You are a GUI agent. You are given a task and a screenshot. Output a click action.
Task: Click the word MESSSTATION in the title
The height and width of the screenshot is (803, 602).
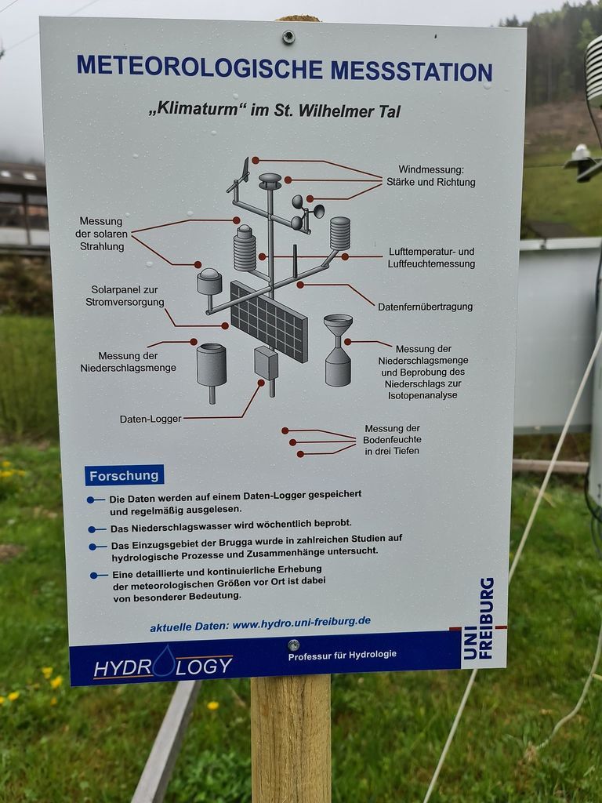pos(412,71)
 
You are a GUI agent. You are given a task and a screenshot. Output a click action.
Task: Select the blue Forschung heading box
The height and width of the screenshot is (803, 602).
pos(125,475)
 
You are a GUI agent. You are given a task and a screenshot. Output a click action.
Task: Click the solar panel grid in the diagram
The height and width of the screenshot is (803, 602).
pos(269,321)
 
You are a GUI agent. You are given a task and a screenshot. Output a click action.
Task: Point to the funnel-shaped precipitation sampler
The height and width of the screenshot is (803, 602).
pos(338,350)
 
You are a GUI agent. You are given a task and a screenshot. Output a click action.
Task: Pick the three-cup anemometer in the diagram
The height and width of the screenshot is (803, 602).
pos(307,211)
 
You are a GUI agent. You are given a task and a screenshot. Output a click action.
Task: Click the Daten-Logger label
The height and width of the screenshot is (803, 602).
pos(150,419)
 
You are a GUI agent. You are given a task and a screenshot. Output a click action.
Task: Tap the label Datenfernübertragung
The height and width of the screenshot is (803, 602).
pos(426,307)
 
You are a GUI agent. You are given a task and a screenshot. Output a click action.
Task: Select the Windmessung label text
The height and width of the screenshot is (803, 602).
pos(431,176)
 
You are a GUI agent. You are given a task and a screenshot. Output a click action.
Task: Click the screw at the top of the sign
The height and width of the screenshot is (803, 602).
pos(288,36)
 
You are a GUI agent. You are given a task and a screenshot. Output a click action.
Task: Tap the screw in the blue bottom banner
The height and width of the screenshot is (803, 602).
pos(293,645)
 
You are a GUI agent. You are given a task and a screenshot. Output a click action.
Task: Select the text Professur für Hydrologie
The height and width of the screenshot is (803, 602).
pos(342,655)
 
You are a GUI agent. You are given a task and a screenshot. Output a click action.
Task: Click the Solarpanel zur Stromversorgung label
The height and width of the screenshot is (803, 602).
pos(125,296)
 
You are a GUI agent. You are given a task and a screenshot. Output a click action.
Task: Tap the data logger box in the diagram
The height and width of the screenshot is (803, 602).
pos(267,363)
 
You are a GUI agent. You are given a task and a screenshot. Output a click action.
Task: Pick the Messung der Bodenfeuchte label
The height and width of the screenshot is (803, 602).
pos(392,439)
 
